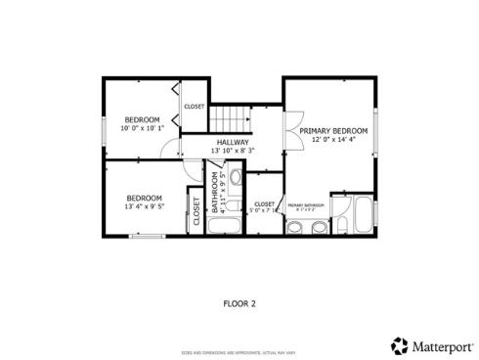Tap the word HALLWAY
233,142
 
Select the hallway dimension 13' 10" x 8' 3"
233,151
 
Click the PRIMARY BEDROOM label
333,131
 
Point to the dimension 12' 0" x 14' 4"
333,140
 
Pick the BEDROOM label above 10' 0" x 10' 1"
141,119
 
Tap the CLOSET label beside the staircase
195,106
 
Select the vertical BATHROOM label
214,193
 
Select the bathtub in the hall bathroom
224,226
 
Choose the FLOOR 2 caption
239,303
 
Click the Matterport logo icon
399,345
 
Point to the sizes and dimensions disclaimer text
239,350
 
